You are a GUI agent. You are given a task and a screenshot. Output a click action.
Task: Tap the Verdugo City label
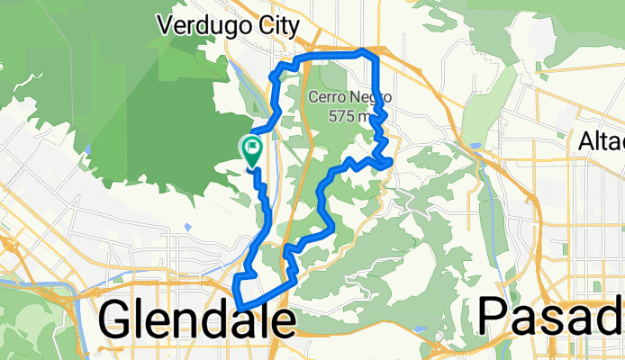tap(226, 25)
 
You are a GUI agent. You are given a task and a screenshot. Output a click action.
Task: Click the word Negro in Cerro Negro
tap(365, 97)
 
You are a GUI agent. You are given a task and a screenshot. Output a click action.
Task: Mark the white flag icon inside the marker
tap(252, 144)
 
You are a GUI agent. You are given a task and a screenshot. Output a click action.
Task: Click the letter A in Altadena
tap(585, 141)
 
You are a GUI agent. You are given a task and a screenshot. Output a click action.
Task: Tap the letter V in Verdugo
tap(164, 25)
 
